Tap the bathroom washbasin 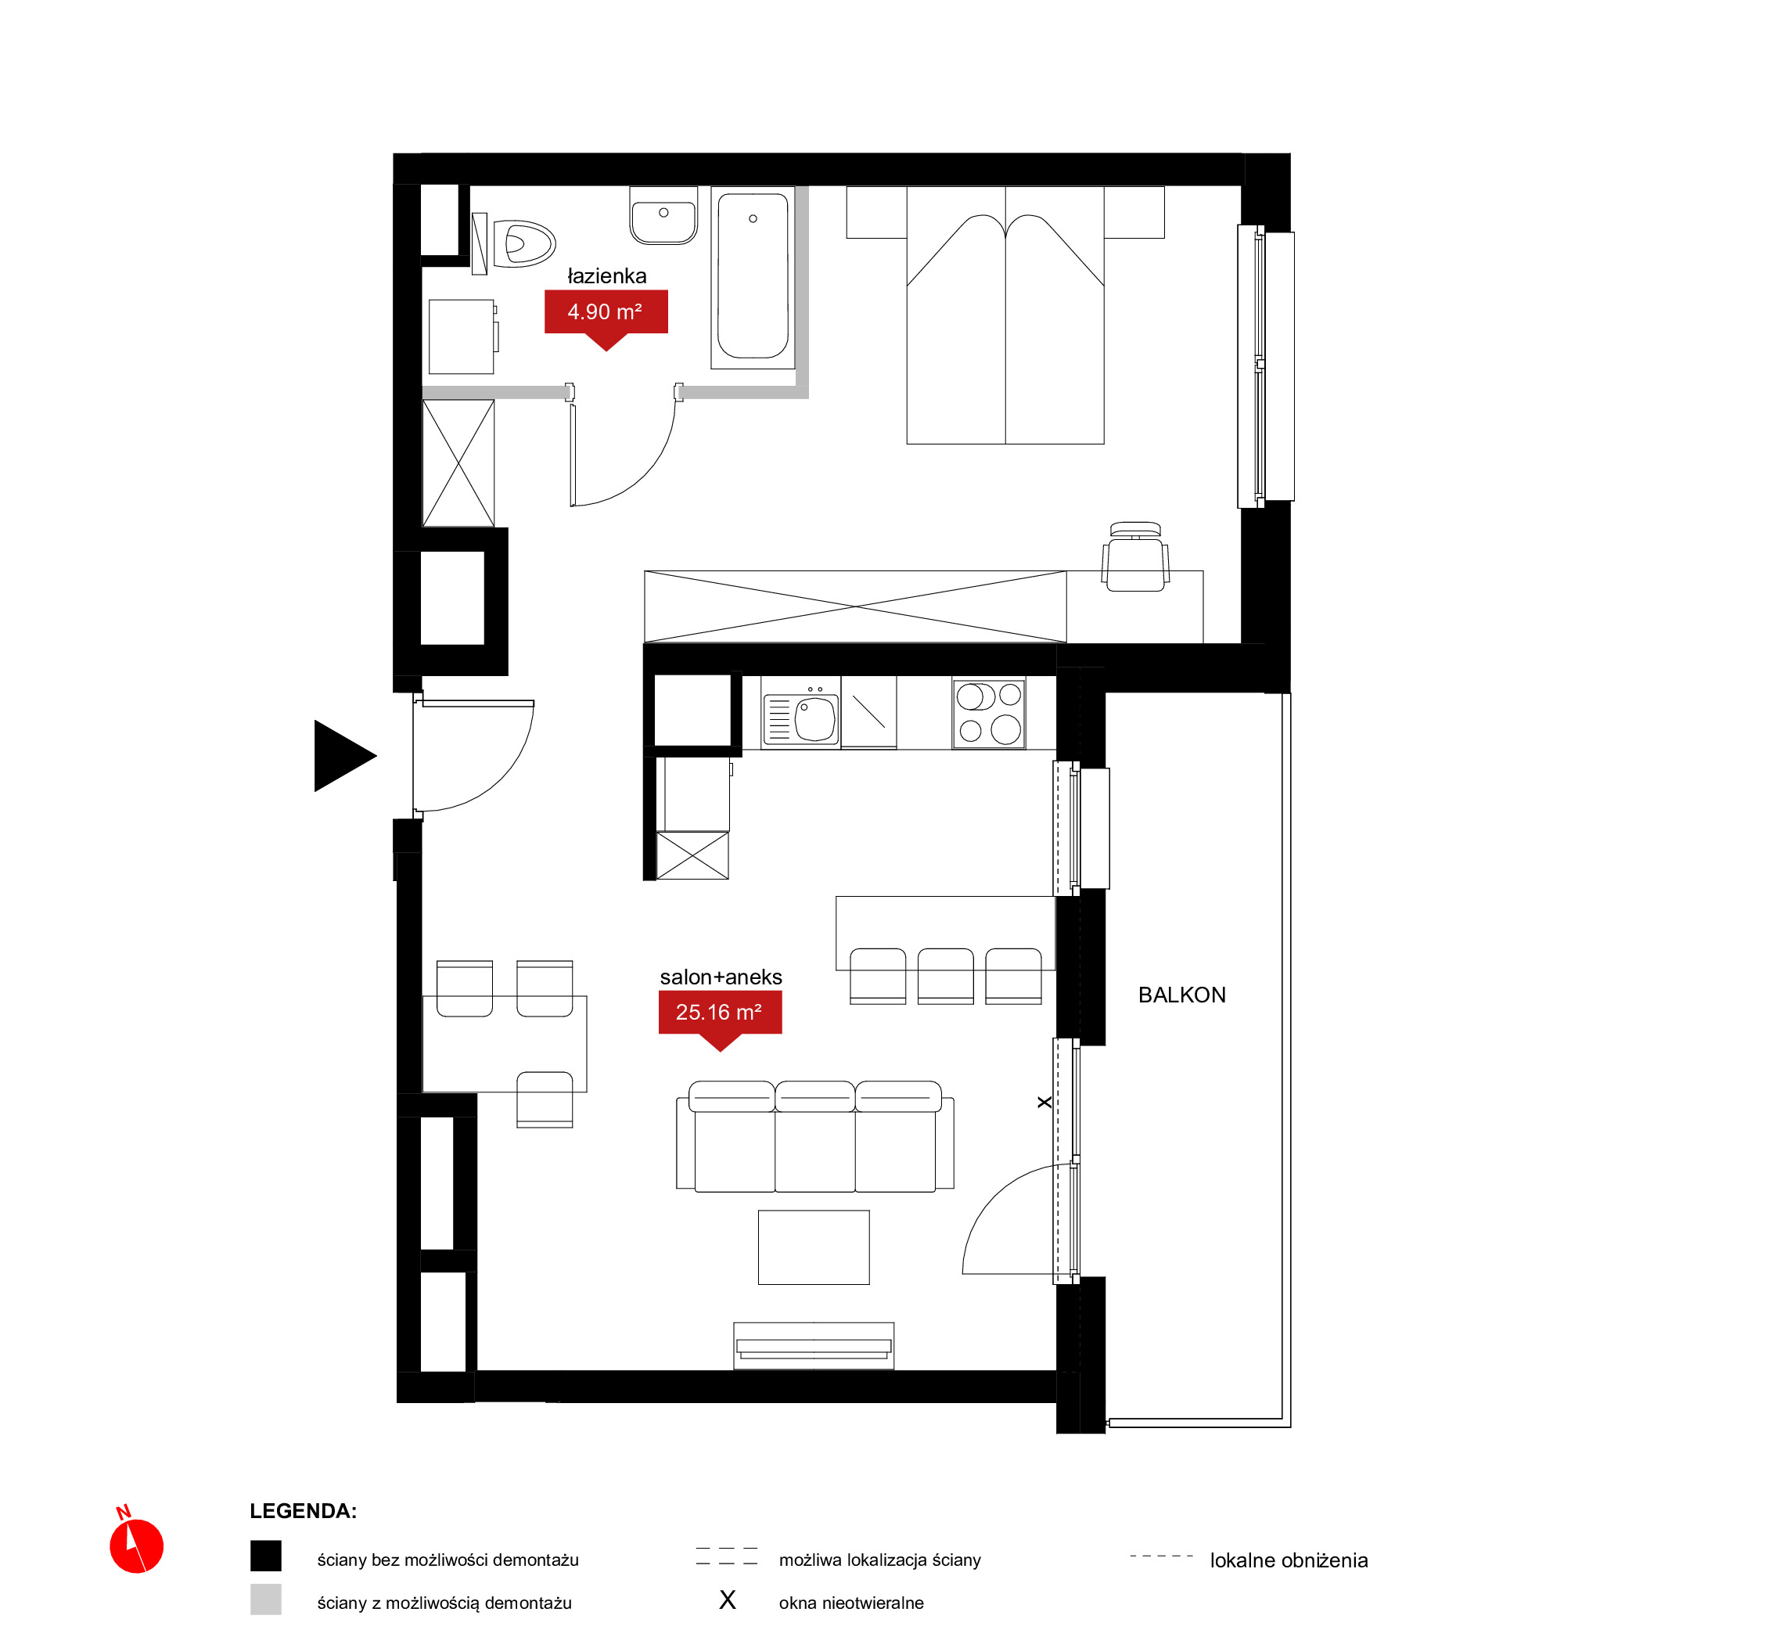tap(664, 215)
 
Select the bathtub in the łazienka tap(753, 277)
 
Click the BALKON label tap(1181, 995)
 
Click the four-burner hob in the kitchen tap(988, 714)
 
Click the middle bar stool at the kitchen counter tap(945, 977)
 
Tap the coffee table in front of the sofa tap(814, 1247)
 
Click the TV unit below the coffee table tap(814, 1346)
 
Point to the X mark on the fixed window tap(1044, 1103)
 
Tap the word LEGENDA tap(304, 1511)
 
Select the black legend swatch tap(265, 1556)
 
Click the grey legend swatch tap(265, 1599)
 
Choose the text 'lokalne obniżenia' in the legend tap(1289, 1560)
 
